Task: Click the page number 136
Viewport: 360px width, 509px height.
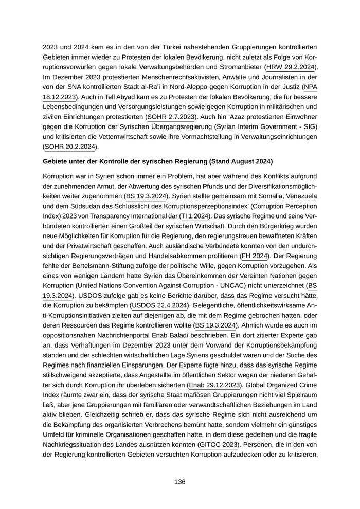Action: [179, 482]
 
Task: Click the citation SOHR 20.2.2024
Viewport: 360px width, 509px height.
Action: [69, 147]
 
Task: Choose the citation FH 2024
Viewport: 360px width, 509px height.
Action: [255, 256]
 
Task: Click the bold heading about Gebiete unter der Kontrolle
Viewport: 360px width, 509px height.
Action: [158, 161]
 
